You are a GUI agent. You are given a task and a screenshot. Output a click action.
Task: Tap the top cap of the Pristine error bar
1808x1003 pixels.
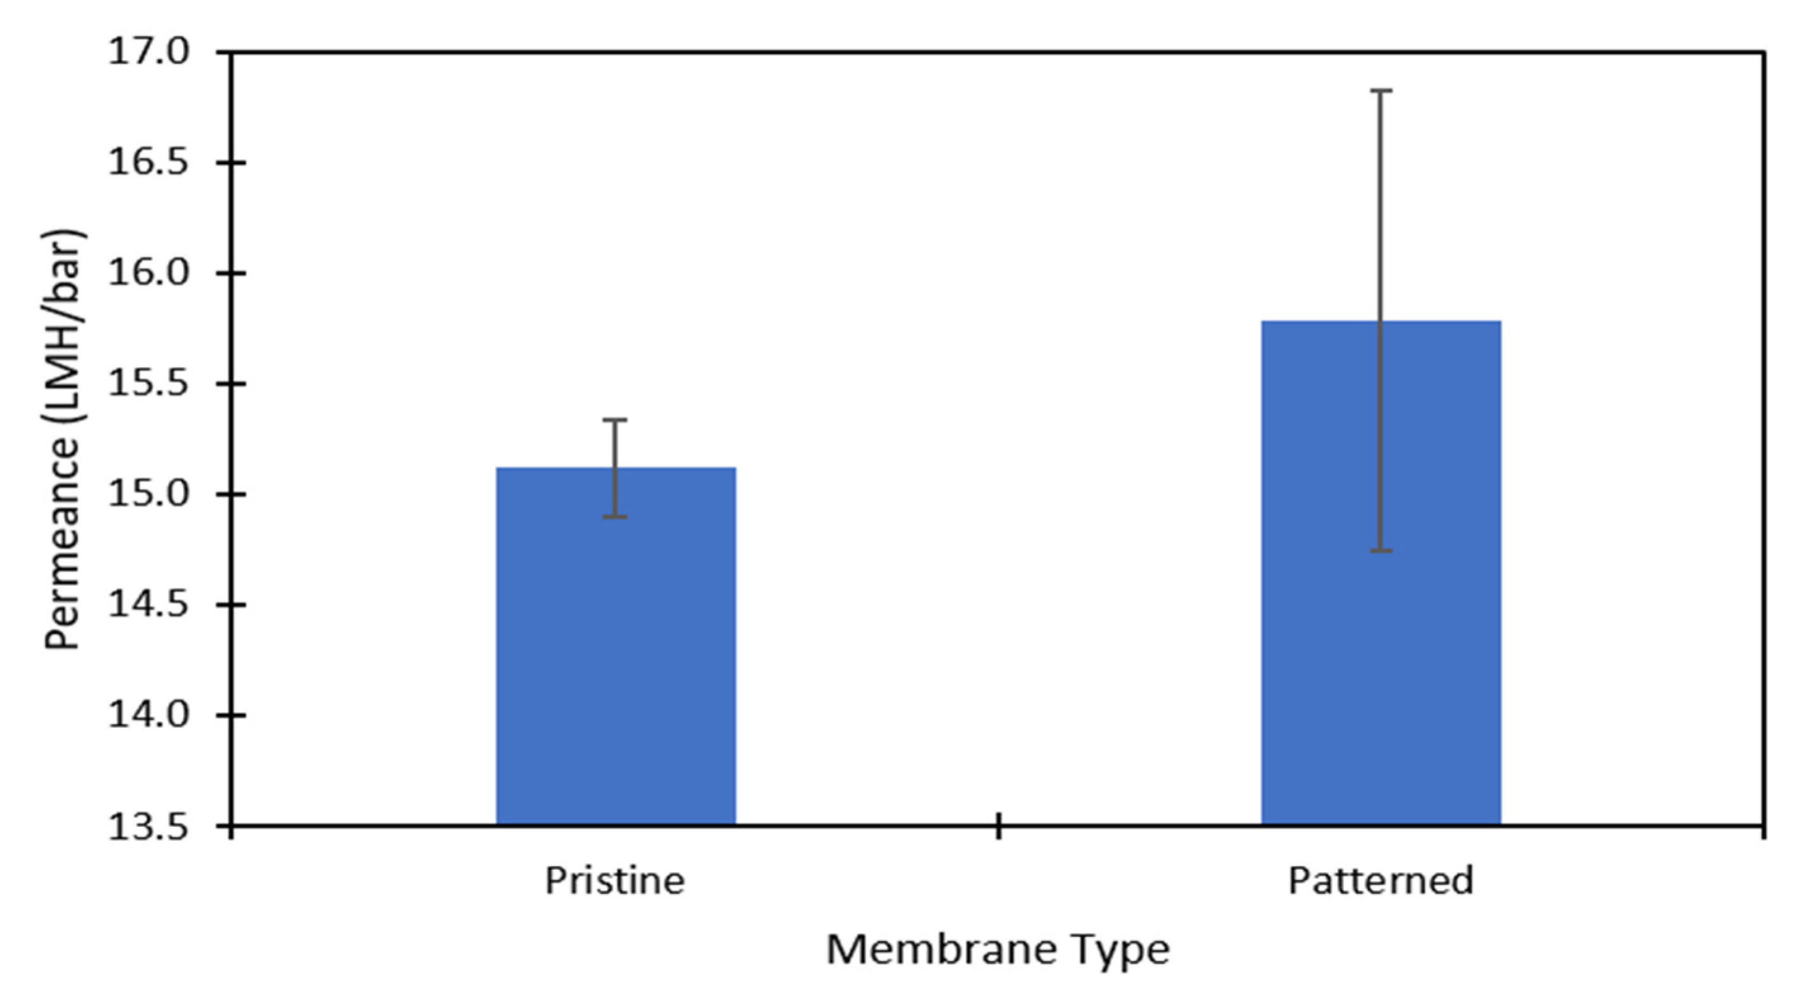coord(616,420)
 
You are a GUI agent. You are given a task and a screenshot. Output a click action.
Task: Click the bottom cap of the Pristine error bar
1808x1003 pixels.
coord(616,517)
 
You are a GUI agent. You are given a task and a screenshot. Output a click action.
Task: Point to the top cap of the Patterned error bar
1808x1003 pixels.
coord(1381,91)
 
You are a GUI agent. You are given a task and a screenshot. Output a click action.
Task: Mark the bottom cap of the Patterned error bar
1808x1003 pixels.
coord(1381,551)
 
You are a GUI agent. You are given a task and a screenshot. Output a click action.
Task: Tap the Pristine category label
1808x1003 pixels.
coord(615,881)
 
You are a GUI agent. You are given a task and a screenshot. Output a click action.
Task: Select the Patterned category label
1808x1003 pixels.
coord(1381,881)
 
